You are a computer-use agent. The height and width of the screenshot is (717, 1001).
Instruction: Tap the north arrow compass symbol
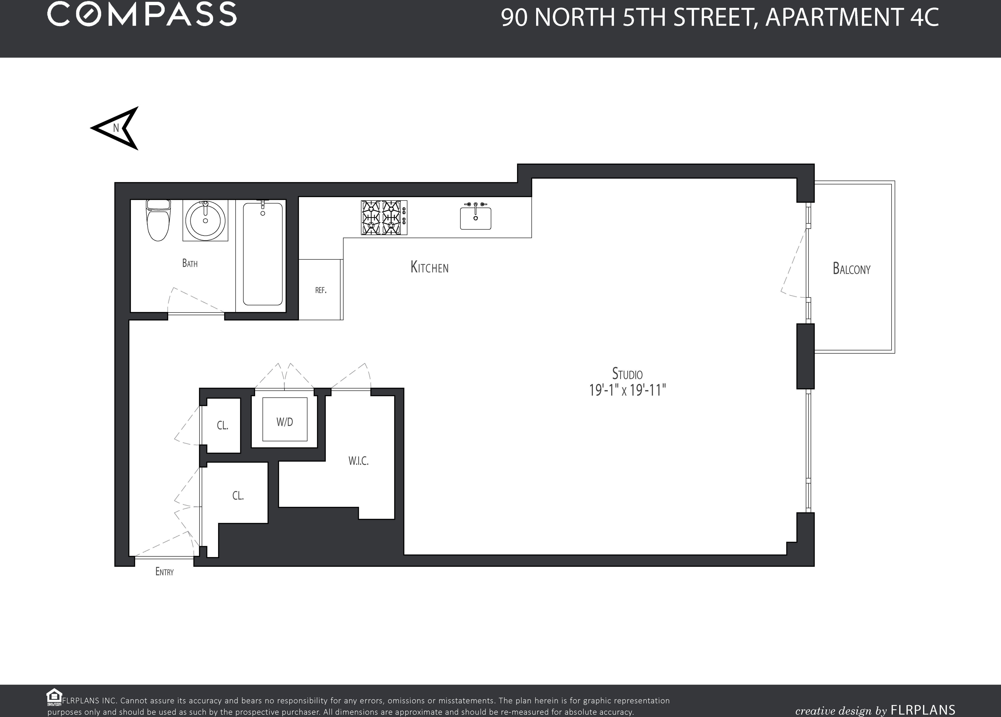coord(116,128)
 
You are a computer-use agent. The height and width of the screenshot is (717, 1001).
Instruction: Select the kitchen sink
coord(476,217)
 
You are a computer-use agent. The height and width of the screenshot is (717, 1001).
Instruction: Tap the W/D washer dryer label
coord(285,422)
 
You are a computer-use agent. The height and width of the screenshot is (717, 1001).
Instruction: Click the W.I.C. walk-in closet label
coord(358,461)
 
